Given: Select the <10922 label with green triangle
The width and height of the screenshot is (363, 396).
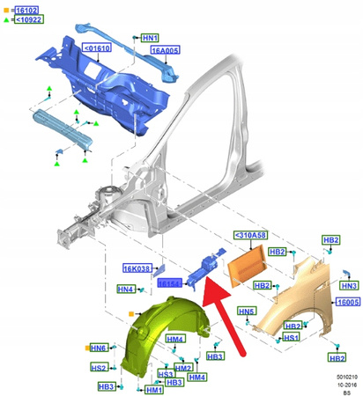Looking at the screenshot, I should coord(28,21).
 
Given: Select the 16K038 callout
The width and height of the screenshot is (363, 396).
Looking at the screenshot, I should coord(137,269).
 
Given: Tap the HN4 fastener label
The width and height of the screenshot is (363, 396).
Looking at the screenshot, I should coord(126,289).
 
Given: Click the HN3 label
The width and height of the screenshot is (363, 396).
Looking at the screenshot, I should coord(349,286).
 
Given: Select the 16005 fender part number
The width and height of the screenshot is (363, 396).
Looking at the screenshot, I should coord(347,301).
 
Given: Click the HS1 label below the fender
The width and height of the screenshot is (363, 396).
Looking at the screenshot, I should coord(289,338).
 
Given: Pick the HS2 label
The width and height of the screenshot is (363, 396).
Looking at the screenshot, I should coord(100,368).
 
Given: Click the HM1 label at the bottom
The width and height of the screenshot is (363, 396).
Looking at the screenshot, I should coord(153,390).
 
